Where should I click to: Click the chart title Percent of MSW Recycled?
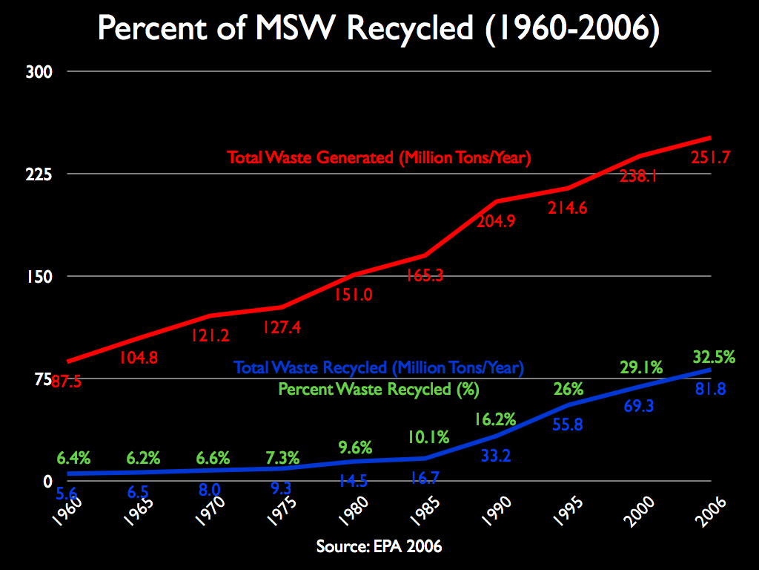click(x=379, y=30)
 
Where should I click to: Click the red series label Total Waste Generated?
click(x=379, y=158)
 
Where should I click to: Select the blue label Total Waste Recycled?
click(x=379, y=367)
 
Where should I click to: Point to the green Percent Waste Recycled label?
click(x=379, y=389)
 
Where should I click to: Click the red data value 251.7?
click(x=711, y=157)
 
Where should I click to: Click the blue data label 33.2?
click(x=495, y=456)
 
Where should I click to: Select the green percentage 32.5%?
click(x=713, y=357)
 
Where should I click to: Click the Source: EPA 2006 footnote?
click(x=379, y=547)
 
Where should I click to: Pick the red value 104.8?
click(x=139, y=358)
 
